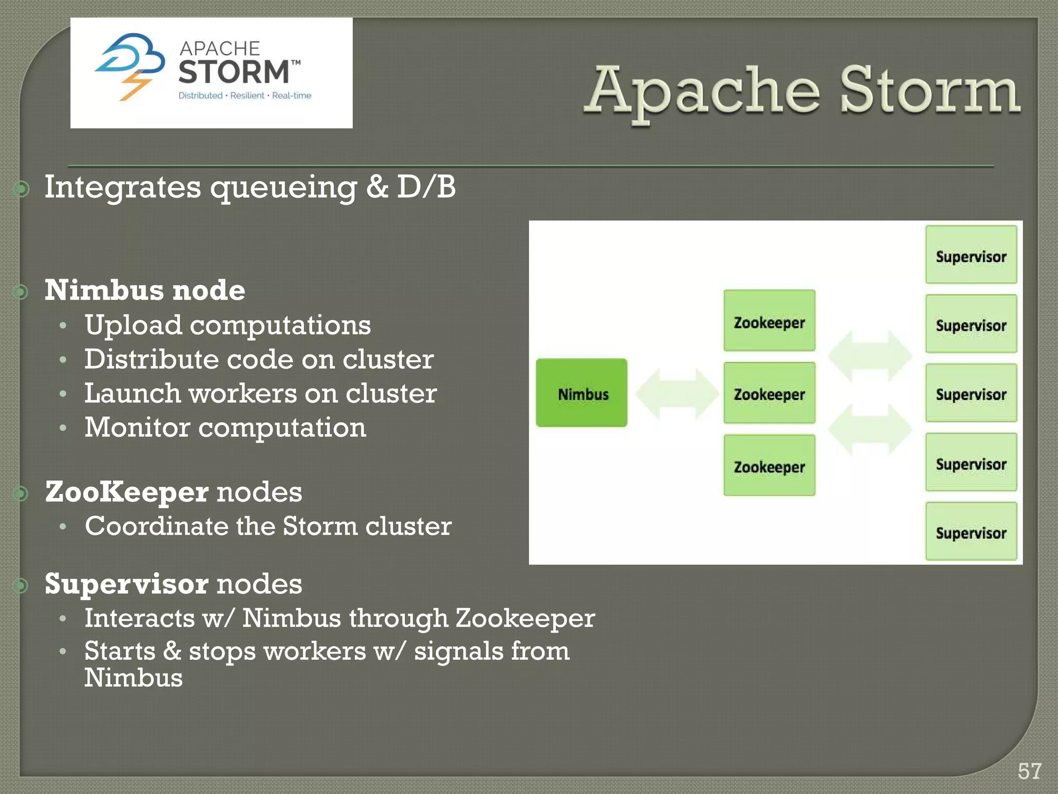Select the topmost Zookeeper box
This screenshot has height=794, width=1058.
(769, 321)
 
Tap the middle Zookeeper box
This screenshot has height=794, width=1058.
(769, 393)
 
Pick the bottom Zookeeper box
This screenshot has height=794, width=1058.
(769, 466)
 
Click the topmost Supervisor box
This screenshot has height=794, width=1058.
(971, 255)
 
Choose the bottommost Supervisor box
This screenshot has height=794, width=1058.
(971, 531)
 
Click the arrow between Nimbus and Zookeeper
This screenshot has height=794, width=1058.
(676, 394)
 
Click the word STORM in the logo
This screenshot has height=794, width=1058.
(234, 72)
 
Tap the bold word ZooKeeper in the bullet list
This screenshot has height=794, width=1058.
(127, 492)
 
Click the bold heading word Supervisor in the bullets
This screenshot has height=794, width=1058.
(127, 584)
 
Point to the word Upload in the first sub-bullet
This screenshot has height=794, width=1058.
(133, 325)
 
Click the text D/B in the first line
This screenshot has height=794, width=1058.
(426, 187)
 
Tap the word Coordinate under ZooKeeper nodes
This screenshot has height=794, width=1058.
(157, 526)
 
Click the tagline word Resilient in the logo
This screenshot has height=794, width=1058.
(247, 96)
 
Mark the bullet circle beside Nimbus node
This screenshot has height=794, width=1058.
(21, 293)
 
